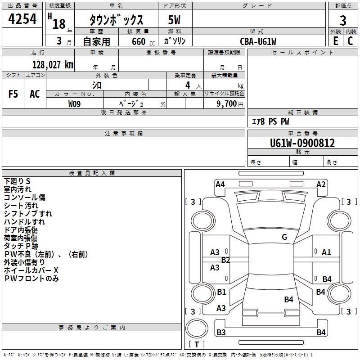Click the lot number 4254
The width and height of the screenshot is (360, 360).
point(22,19)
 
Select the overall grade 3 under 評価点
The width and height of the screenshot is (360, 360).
point(343,20)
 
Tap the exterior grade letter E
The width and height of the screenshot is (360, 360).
point(336,41)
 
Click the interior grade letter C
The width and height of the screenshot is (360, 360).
point(350,41)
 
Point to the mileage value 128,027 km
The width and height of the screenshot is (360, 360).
point(53,65)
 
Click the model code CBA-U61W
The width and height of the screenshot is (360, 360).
point(258,41)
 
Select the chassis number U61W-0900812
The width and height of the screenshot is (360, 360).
point(302,143)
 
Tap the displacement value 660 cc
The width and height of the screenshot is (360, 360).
point(143,41)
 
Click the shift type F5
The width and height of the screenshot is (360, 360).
point(13,94)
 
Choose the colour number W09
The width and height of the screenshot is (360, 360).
point(74,104)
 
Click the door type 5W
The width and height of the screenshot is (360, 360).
point(174,20)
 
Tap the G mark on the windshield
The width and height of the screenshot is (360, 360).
point(284,237)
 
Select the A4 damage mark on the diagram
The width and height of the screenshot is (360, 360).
point(220,184)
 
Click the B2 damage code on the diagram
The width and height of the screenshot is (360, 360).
point(225,260)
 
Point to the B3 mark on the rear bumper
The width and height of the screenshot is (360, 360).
point(221,332)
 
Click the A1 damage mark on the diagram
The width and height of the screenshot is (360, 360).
point(326,252)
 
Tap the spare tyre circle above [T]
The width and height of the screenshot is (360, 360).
point(197,328)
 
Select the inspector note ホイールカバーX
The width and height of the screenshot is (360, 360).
point(31,270)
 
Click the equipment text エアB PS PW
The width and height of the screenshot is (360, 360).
point(270,121)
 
